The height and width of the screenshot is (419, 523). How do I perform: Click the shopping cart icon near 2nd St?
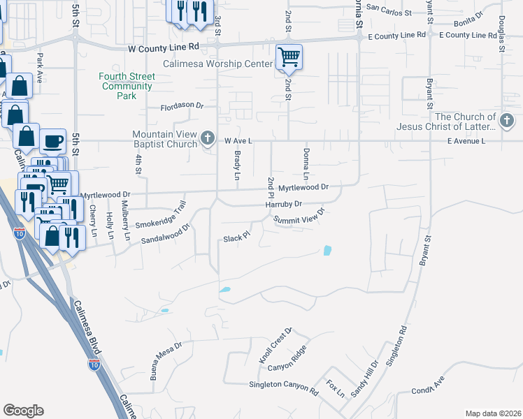289,57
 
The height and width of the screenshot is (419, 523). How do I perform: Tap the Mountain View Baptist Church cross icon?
208,138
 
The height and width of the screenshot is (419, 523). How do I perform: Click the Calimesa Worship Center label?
217,64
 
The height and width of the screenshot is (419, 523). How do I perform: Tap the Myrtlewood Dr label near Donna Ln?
303,188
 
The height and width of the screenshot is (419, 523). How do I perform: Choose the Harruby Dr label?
283,204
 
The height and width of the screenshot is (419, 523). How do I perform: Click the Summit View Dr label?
300,216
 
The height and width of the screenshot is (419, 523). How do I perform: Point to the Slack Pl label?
236,237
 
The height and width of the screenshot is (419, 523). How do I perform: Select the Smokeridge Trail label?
161,216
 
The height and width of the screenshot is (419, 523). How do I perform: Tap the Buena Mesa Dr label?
159,355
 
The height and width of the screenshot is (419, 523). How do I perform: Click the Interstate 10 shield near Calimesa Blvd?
94,365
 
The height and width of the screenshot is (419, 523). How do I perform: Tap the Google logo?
23,411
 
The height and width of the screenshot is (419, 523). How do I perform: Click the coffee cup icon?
52,141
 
